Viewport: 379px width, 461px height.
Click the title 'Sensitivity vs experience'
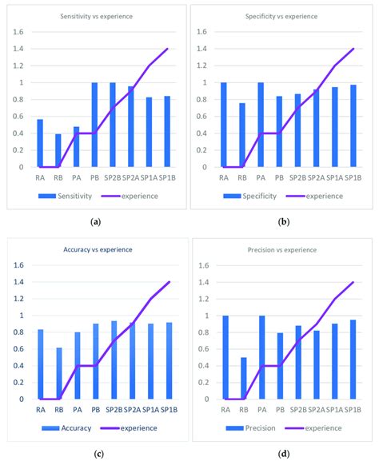point(95,17)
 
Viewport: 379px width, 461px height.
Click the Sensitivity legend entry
point(73,195)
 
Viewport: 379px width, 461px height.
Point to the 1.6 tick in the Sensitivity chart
point(18,32)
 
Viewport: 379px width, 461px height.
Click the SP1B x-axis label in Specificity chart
point(352,177)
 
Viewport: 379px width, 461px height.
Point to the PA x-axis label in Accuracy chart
point(78,410)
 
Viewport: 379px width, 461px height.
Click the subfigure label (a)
point(95,221)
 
